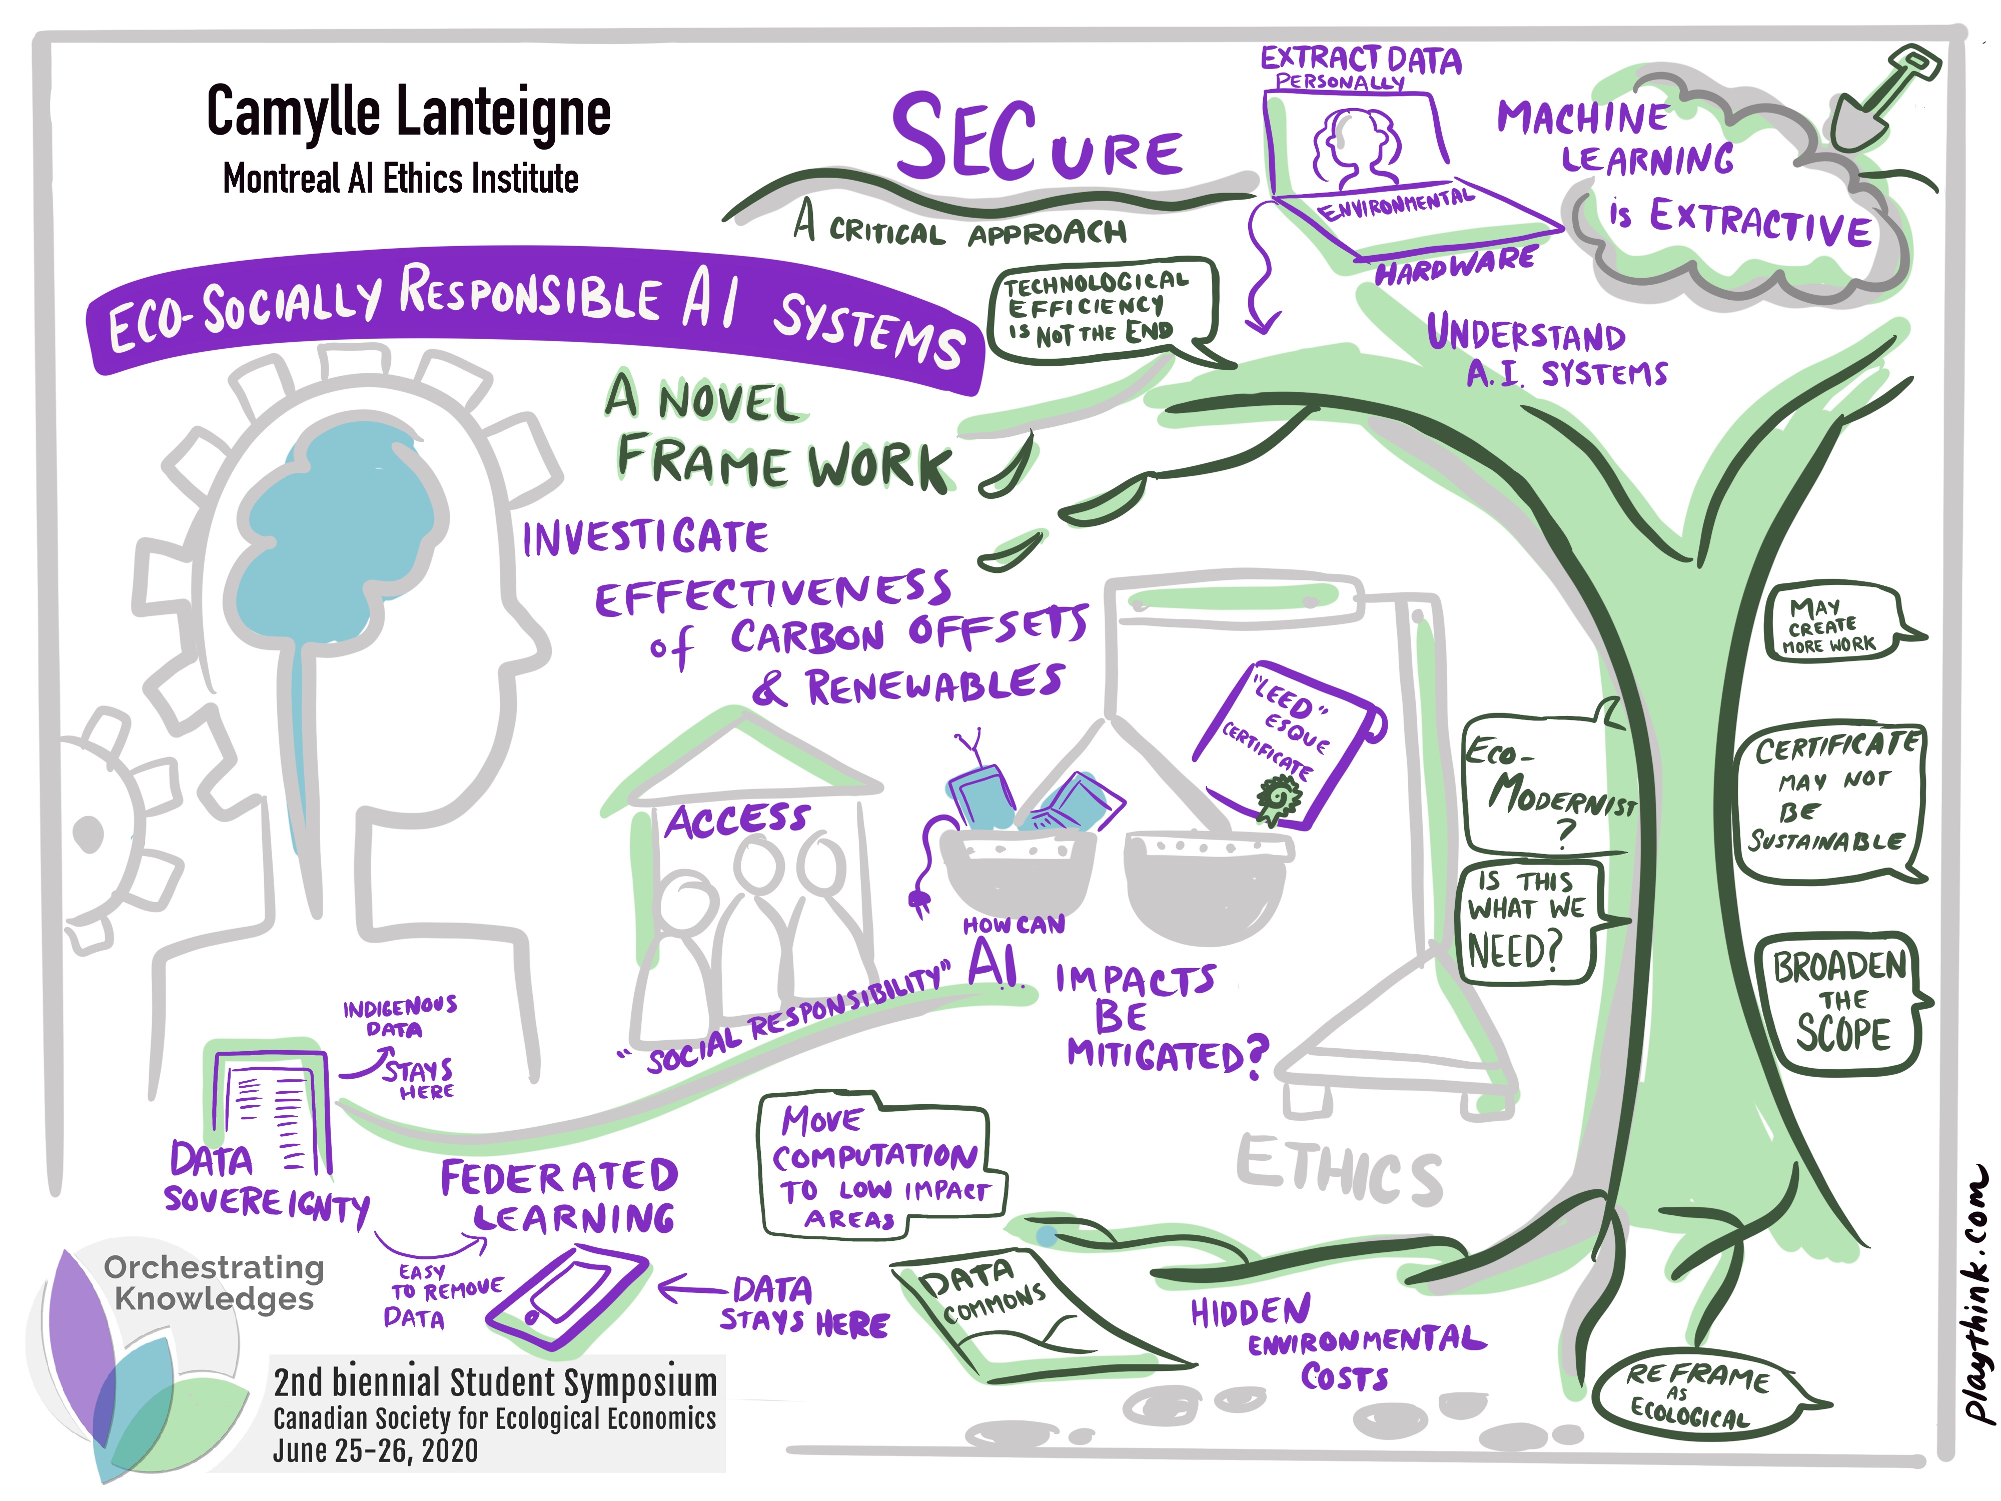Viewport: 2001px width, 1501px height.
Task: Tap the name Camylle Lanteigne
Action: click(409, 112)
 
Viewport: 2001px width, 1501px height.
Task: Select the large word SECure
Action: click(1037, 140)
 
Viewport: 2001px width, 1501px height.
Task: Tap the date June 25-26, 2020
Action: click(375, 1450)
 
